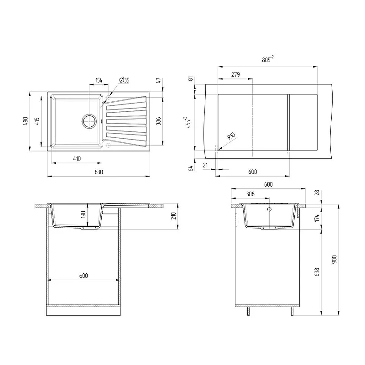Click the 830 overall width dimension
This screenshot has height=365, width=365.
point(99,172)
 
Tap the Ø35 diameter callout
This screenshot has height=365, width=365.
point(124,80)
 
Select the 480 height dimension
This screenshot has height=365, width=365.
point(26,121)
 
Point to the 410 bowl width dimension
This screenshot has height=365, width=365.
point(77,159)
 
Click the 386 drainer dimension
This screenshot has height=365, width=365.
point(158,121)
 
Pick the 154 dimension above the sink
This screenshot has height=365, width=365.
point(99,80)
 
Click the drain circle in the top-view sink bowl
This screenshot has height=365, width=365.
point(89,121)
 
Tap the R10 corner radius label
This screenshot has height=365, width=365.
point(231,136)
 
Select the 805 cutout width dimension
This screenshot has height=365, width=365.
point(268,59)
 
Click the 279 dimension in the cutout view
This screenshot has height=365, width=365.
point(235,74)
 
